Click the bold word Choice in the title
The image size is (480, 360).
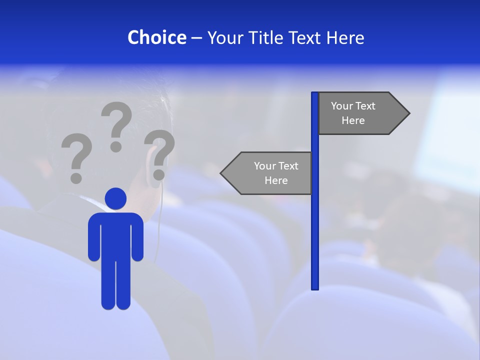156,37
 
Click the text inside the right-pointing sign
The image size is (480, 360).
353,113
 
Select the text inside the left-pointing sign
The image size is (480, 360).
276,173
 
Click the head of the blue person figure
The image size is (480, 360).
115,198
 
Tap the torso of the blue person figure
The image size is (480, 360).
115,235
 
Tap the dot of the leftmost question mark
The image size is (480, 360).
76,177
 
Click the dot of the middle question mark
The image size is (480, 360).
116,146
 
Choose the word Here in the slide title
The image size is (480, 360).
345,37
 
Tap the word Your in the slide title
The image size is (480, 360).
224,37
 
